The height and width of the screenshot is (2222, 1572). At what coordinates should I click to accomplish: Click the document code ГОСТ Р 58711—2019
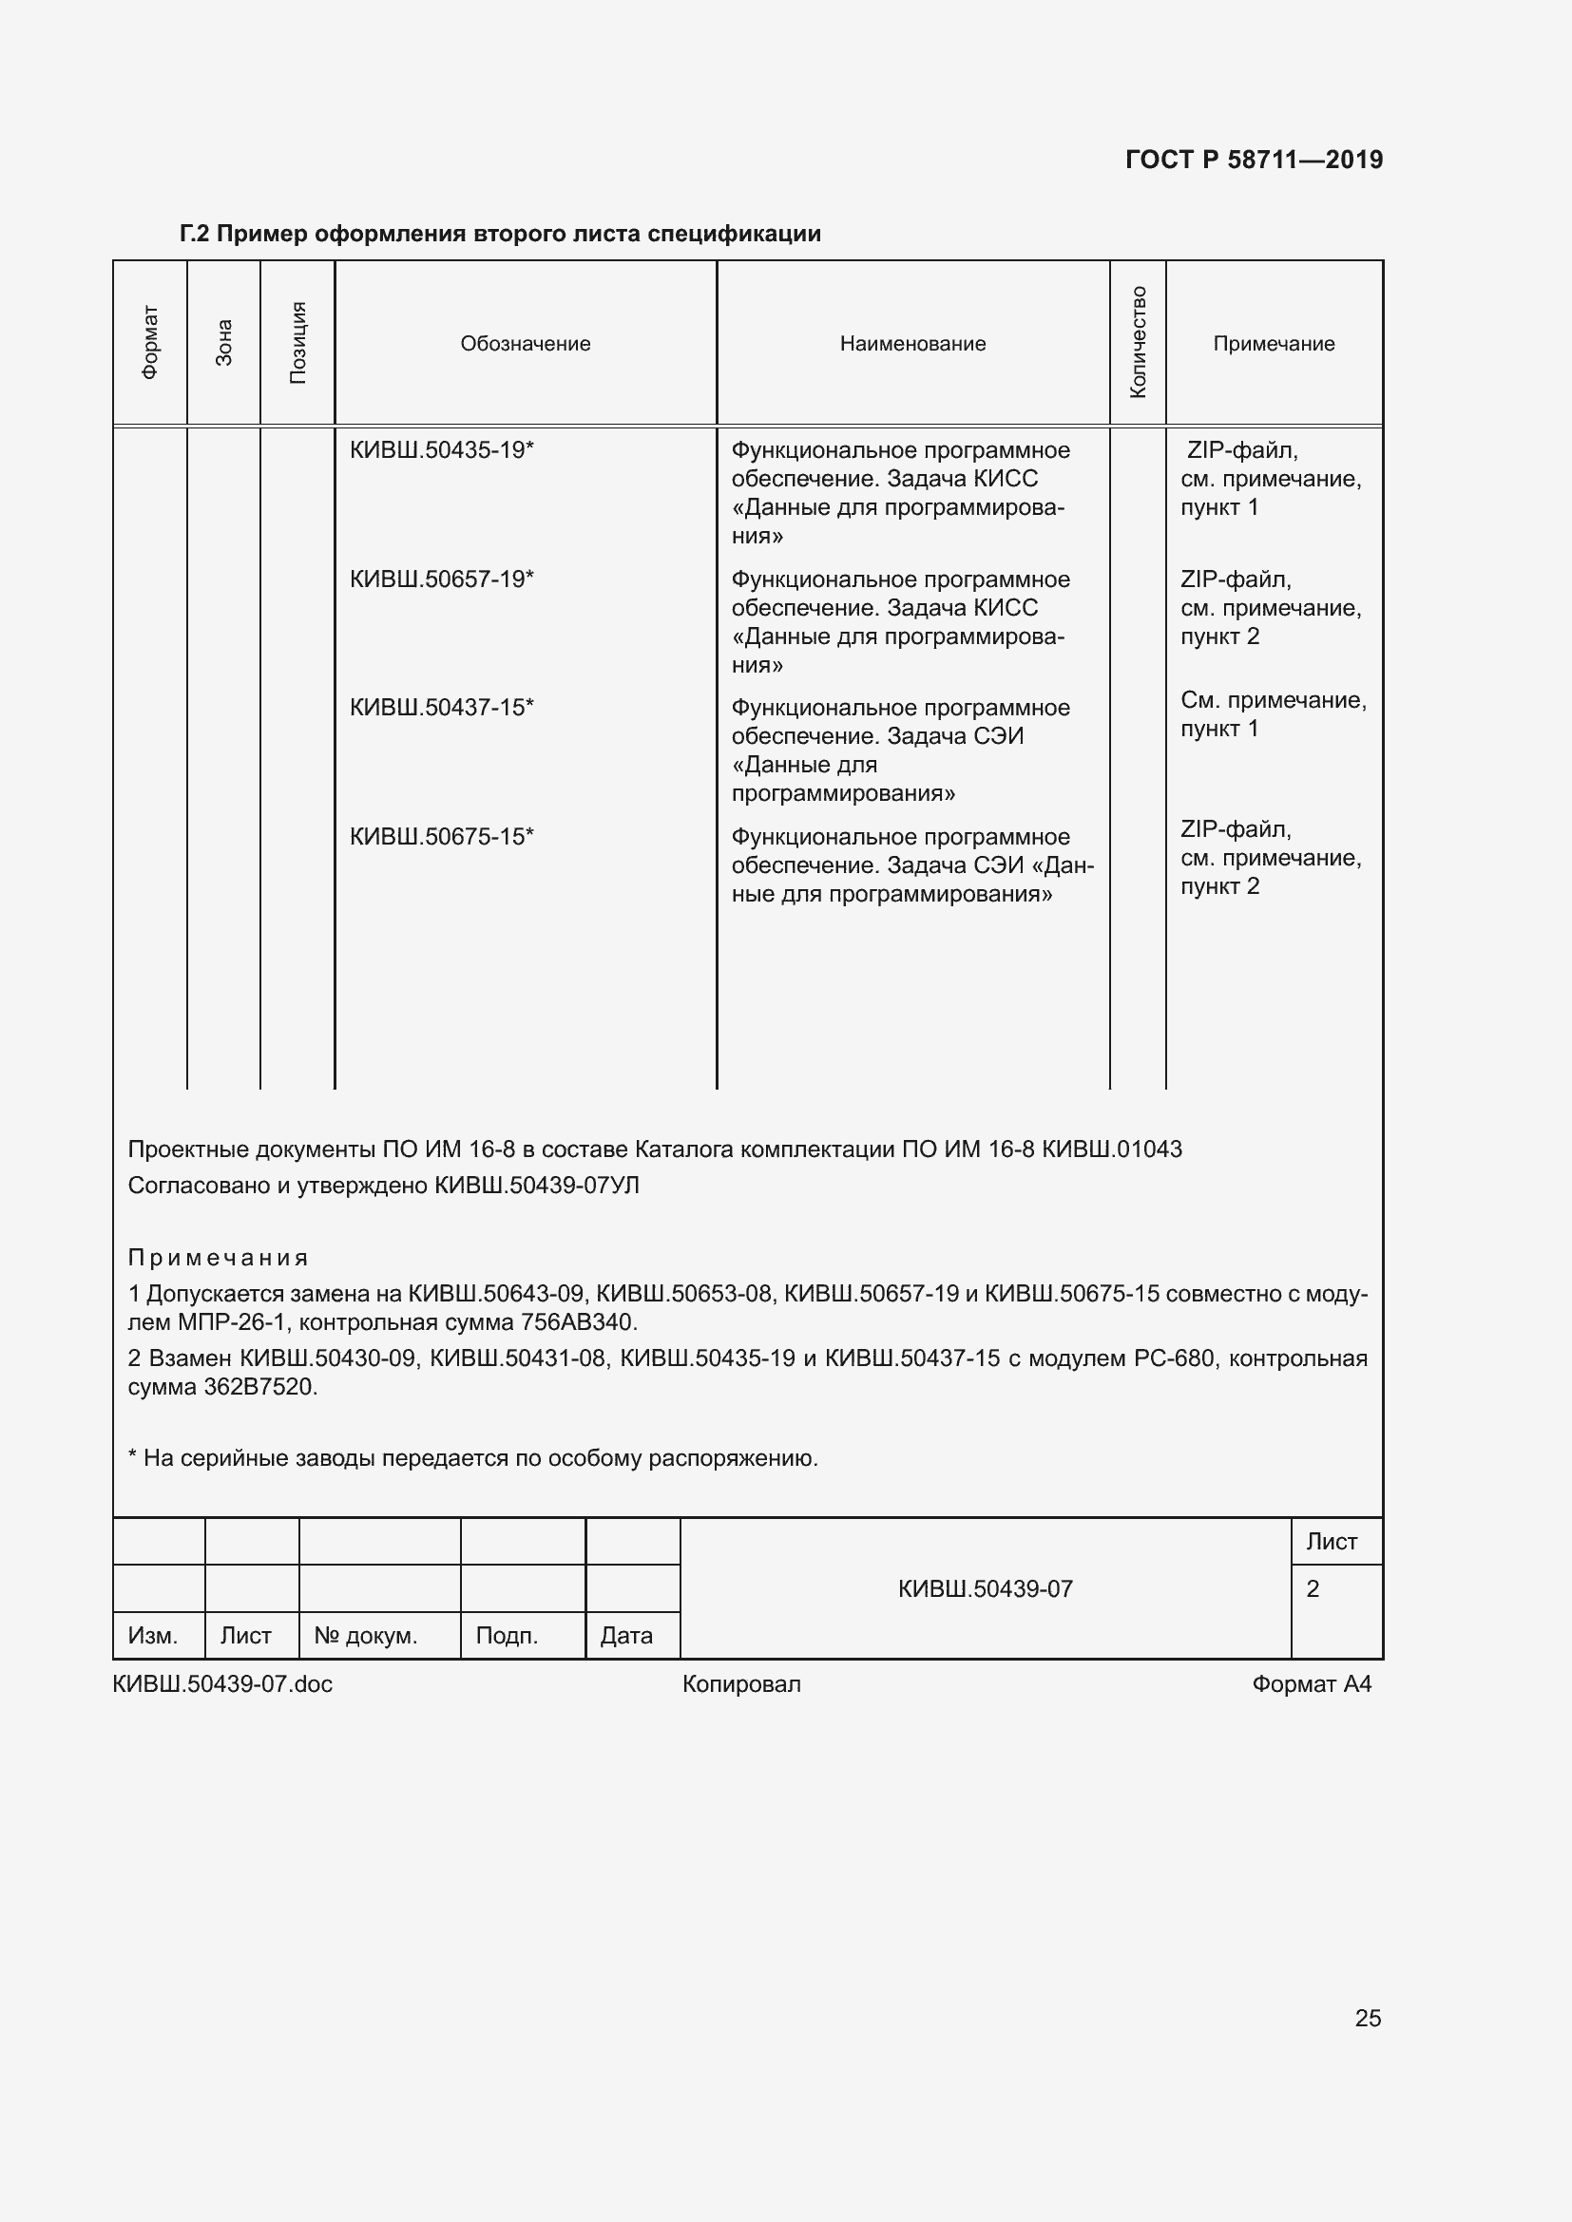point(1254,160)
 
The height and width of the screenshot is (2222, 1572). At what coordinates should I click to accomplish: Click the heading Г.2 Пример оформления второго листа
point(501,235)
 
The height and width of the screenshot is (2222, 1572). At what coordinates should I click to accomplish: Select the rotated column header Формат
point(150,343)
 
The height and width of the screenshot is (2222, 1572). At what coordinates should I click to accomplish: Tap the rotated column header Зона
point(223,343)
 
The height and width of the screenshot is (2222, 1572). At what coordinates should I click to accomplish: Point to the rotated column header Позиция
point(298,343)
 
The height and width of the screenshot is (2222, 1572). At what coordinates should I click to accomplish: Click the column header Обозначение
point(525,344)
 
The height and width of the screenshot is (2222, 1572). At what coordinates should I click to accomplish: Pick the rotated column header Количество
point(1138,343)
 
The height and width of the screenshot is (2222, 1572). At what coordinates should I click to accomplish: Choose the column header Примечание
point(1273,344)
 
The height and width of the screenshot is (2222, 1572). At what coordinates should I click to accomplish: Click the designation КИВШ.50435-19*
point(441,450)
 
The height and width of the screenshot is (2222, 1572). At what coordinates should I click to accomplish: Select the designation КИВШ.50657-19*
point(441,579)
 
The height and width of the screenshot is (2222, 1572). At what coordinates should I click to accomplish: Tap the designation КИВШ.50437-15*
point(441,708)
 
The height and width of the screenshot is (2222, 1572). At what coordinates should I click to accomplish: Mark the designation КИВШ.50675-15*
point(441,836)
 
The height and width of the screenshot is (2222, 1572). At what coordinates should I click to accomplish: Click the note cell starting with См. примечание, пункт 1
point(1272,714)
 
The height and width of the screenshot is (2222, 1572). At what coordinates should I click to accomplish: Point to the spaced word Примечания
point(218,1257)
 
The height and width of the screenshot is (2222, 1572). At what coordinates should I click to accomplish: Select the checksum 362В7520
point(260,1387)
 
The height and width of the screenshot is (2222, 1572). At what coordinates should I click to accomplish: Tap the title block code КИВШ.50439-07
point(985,1588)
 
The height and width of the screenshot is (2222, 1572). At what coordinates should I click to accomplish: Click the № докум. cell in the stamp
point(366,1636)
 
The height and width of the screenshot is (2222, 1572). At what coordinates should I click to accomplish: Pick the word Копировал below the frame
point(741,1684)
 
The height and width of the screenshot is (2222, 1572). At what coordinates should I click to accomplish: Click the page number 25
point(1367,2017)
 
